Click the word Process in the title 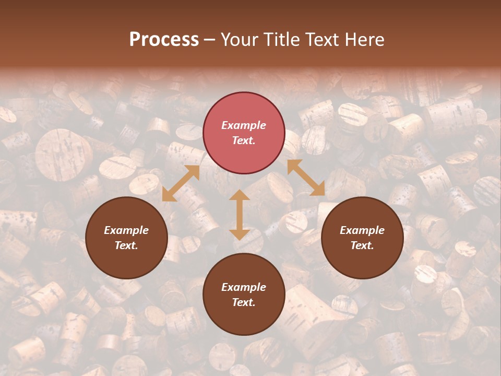(x=164, y=40)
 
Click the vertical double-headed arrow (x=240, y=215)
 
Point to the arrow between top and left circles (x=181, y=183)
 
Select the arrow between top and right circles (x=306, y=178)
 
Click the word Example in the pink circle (x=244, y=125)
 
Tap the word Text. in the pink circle (x=244, y=140)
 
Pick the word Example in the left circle (x=126, y=230)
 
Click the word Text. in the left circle (x=126, y=245)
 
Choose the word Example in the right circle (x=362, y=230)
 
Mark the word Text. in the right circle (x=362, y=245)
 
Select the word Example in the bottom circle (x=244, y=287)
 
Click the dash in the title (x=210, y=40)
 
